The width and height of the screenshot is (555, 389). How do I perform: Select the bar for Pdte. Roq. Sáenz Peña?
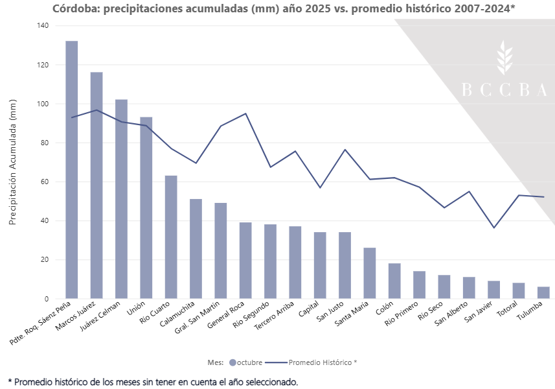click(72, 170)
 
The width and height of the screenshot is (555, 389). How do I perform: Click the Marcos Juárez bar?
click(96, 185)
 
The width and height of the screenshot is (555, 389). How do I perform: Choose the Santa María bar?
click(370, 273)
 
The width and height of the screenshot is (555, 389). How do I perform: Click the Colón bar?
click(394, 281)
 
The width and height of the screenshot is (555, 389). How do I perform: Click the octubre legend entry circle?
click(232, 362)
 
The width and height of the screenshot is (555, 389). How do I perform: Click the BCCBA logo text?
click(504, 91)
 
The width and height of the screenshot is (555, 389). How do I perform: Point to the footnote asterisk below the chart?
click(10, 382)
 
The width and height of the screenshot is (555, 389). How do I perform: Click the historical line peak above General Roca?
click(245, 113)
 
